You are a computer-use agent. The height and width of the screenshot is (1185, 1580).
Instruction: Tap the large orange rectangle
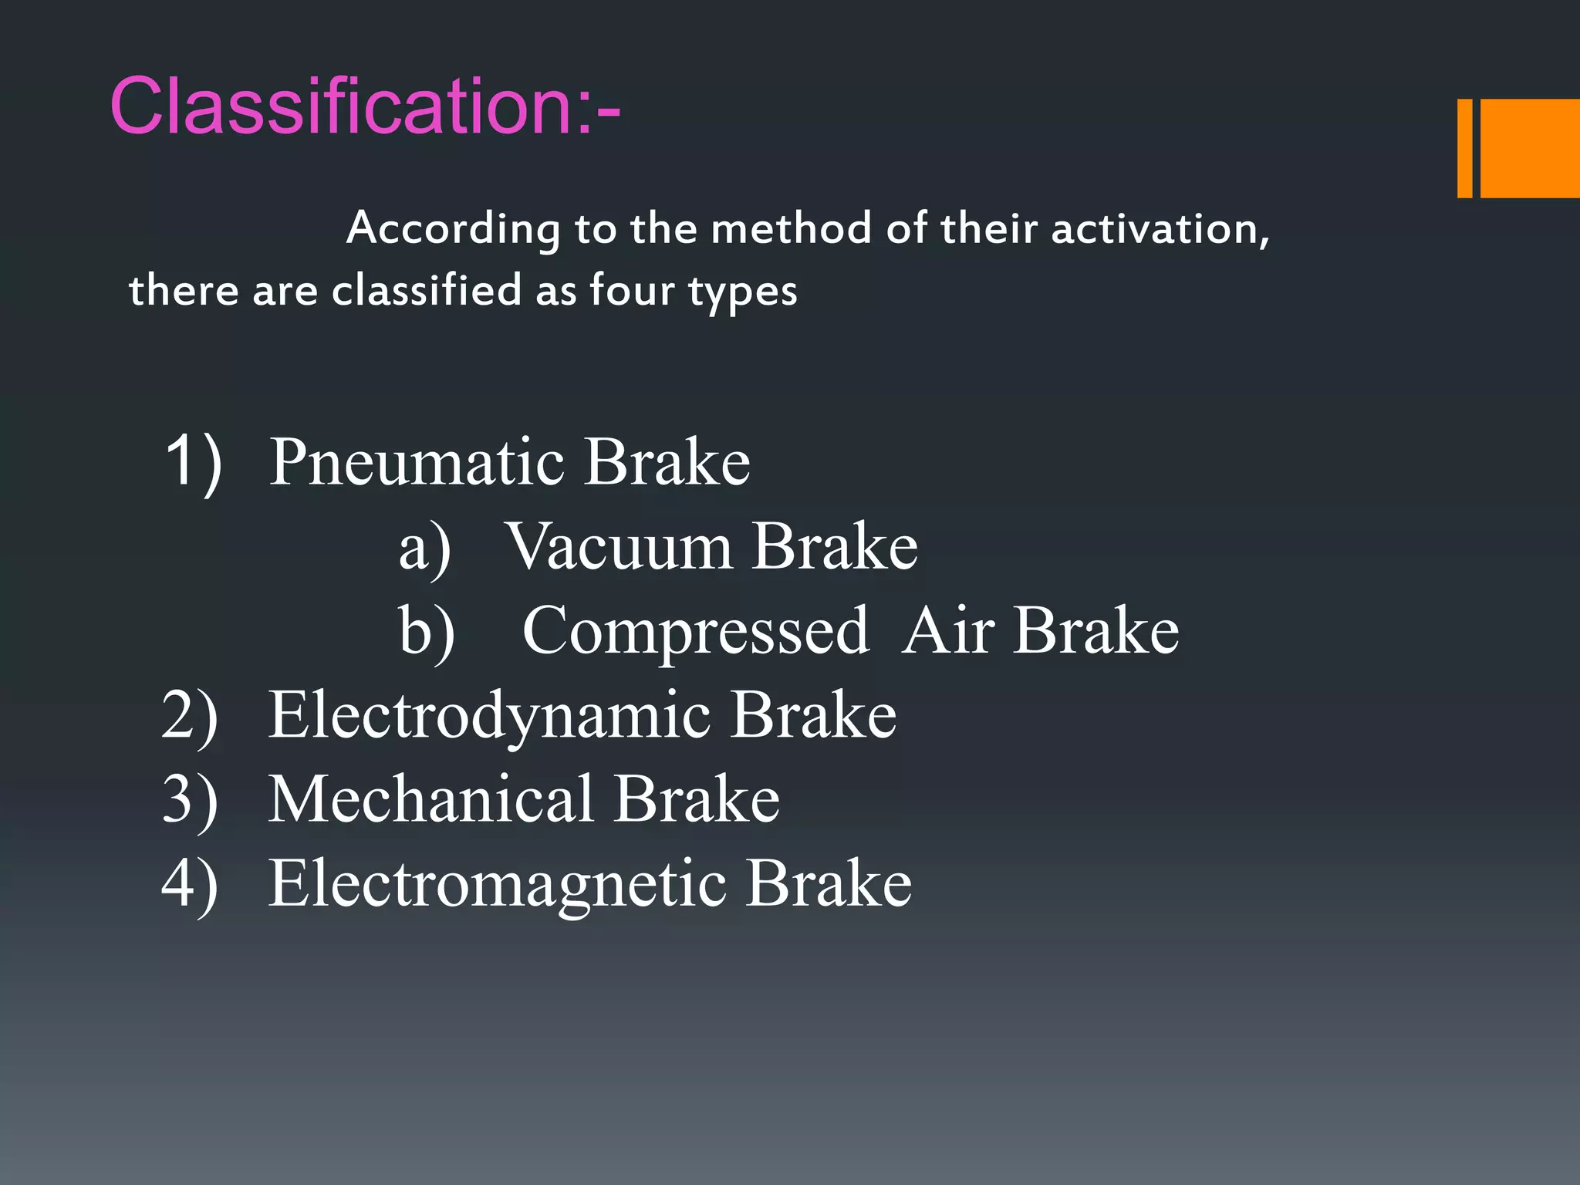(x=1530, y=148)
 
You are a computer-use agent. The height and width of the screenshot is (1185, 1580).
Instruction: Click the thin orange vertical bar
(x=1464, y=148)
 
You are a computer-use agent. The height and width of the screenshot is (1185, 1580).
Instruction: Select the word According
(x=453, y=229)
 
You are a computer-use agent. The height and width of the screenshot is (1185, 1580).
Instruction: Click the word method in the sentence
(x=790, y=229)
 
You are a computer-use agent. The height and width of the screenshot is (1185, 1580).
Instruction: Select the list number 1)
(x=193, y=463)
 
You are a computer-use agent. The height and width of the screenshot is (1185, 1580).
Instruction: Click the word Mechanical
(x=430, y=799)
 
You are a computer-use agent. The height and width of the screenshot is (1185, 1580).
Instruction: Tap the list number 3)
(x=190, y=801)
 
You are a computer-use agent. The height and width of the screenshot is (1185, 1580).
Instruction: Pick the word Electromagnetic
(x=496, y=884)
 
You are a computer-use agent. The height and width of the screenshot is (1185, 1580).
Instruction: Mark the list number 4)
(x=190, y=884)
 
